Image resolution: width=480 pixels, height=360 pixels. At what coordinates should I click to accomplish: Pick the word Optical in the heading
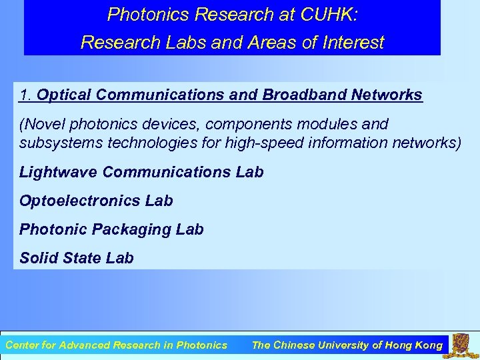pyautogui.click(x=64, y=95)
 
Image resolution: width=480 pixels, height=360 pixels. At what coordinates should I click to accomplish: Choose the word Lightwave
pyautogui.click(x=59, y=172)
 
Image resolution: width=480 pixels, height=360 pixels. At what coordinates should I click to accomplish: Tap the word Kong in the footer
pyautogui.click(x=428, y=345)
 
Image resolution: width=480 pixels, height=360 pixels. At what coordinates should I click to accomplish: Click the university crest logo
pyautogui.click(x=461, y=345)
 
